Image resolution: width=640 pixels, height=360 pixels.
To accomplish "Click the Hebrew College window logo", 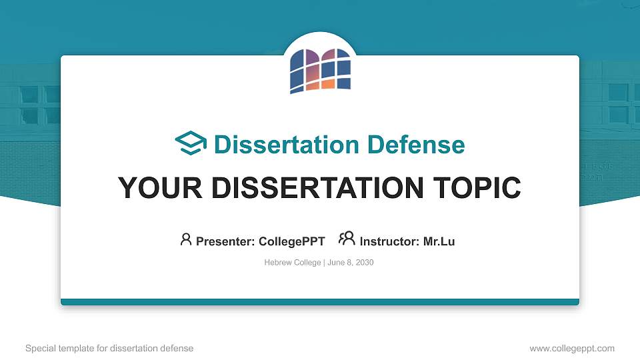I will pyautogui.click(x=320, y=70).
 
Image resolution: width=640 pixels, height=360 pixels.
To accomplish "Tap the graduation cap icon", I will pyautogui.click(x=191, y=144).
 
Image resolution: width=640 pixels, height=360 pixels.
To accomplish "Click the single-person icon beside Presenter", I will pyautogui.click(x=186, y=239).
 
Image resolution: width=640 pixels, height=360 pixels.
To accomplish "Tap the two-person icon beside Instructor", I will pyautogui.click(x=347, y=239).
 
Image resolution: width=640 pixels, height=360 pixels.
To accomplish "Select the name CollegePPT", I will pyautogui.click(x=291, y=241).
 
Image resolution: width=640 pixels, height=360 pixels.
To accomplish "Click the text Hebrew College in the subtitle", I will pyautogui.click(x=293, y=263).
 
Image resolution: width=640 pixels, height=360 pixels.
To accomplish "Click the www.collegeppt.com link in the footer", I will pyautogui.click(x=571, y=348).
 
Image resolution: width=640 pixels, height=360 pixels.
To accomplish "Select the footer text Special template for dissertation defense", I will pyautogui.click(x=109, y=348).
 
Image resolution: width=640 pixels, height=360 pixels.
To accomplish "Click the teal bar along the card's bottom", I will pyautogui.click(x=320, y=302).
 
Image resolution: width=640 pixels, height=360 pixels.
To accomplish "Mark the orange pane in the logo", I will pyautogui.click(x=327, y=84).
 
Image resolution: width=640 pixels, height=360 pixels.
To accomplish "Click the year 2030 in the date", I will pyautogui.click(x=365, y=263).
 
